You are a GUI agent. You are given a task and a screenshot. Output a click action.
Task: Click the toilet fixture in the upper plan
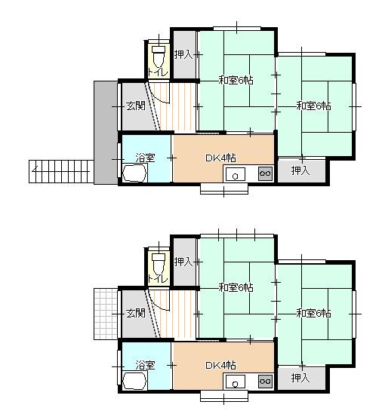159,57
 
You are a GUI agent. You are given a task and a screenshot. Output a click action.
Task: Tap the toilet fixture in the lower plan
159,264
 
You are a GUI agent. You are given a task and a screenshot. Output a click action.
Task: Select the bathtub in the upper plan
134,173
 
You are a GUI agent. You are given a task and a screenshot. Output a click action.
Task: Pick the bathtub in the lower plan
134,380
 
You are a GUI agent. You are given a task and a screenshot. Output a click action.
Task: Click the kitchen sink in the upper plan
236,174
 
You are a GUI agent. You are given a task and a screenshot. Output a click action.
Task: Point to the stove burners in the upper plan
265,173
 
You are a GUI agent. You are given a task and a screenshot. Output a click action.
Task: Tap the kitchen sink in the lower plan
236,382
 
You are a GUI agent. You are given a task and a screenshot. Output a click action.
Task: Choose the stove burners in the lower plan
265,381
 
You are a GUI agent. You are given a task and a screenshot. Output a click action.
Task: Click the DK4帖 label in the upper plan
220,158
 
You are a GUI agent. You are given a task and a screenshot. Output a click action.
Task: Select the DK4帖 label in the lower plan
220,366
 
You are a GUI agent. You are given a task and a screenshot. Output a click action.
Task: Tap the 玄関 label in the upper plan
136,106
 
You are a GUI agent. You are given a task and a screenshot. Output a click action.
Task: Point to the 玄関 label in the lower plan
136,313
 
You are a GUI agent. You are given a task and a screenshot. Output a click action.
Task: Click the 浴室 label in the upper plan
145,158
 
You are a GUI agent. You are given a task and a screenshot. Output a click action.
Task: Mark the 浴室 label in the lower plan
145,365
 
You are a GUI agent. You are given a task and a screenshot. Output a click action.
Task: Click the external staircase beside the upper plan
61,171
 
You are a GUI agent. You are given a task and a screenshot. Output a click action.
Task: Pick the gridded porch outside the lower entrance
106,314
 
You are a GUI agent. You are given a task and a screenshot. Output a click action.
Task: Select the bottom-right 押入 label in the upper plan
300,170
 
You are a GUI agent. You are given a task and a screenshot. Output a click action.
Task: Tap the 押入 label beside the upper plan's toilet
183,54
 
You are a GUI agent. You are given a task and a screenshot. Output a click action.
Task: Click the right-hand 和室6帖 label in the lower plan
313,313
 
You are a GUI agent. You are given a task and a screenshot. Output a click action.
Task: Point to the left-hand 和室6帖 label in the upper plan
236,80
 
